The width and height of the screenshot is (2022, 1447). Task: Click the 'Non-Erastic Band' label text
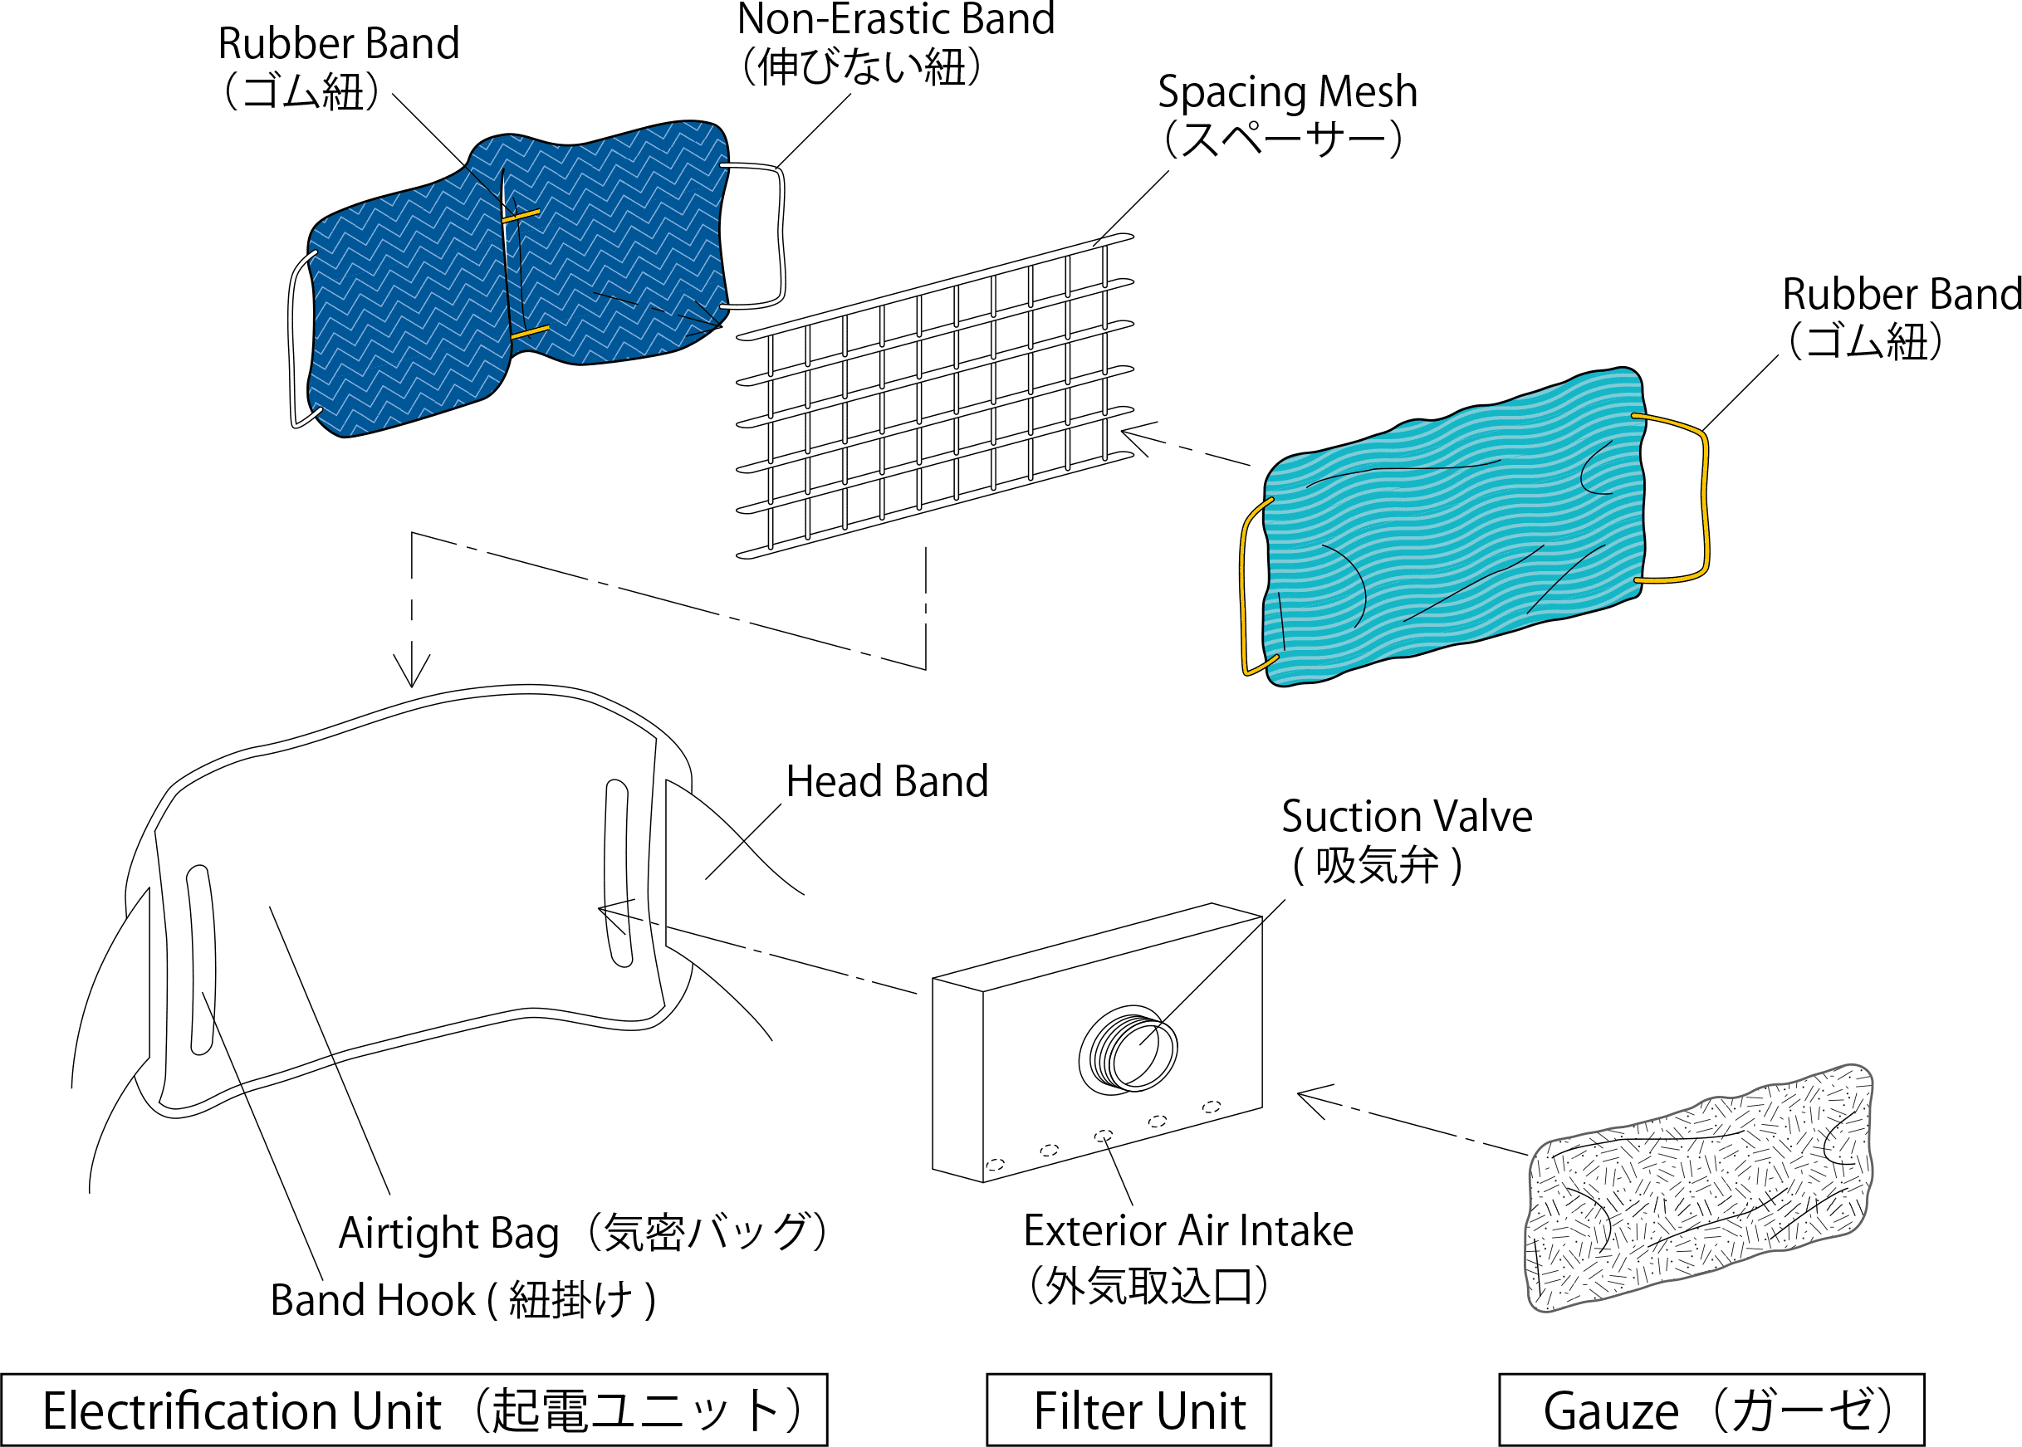pos(896,20)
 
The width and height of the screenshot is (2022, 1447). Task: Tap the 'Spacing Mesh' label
pos(1287,92)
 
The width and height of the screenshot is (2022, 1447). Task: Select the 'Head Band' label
pos(887,781)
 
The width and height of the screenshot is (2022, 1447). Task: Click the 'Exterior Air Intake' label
pos(1188,1230)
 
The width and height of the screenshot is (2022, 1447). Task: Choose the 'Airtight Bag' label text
pos(448,1234)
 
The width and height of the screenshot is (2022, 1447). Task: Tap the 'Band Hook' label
pos(373,1300)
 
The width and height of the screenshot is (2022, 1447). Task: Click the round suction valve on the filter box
pos(1128,1049)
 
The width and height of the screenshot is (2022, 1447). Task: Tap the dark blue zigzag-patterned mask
pos(517,276)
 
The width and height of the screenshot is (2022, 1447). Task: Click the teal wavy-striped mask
pos(1452,526)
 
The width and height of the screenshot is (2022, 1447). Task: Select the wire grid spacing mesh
pos(936,397)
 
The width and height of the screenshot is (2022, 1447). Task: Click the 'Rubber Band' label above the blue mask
pos(339,44)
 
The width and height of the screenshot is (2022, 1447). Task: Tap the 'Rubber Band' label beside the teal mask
pos(1902,294)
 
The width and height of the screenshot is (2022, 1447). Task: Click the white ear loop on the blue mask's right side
pos(781,236)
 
